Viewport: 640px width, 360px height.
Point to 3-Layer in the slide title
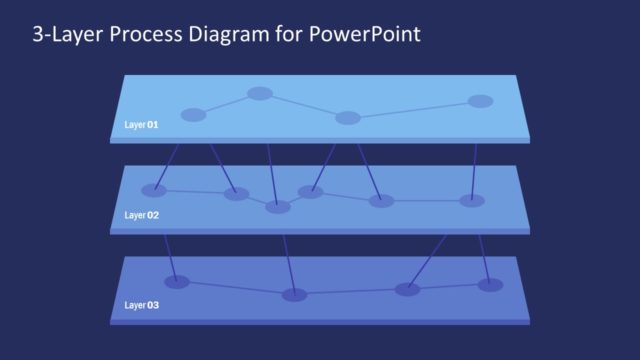pyautogui.click(x=64, y=35)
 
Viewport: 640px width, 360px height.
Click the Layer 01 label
pyautogui.click(x=140, y=125)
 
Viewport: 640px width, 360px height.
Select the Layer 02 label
pyautogui.click(x=140, y=215)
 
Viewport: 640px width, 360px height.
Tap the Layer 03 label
pyautogui.click(x=140, y=304)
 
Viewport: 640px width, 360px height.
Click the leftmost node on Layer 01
pyautogui.click(x=193, y=115)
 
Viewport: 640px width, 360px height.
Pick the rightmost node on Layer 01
pyautogui.click(x=480, y=101)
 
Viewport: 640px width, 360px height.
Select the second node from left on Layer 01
pyautogui.click(x=260, y=94)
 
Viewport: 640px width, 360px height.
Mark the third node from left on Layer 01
pyautogui.click(x=348, y=118)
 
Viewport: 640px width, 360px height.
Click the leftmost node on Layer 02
pyautogui.click(x=154, y=190)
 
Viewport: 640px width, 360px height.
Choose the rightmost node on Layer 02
pyautogui.click(x=472, y=200)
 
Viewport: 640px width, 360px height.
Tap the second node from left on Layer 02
pyautogui.click(x=236, y=194)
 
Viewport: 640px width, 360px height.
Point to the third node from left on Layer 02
pyautogui.click(x=278, y=207)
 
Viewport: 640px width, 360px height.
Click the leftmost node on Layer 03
pyautogui.click(x=177, y=281)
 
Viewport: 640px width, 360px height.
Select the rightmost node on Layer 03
pyautogui.click(x=490, y=285)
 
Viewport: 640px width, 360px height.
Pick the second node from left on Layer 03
pyautogui.click(x=294, y=294)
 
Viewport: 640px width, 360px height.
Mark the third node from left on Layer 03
pyautogui.click(x=407, y=289)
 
